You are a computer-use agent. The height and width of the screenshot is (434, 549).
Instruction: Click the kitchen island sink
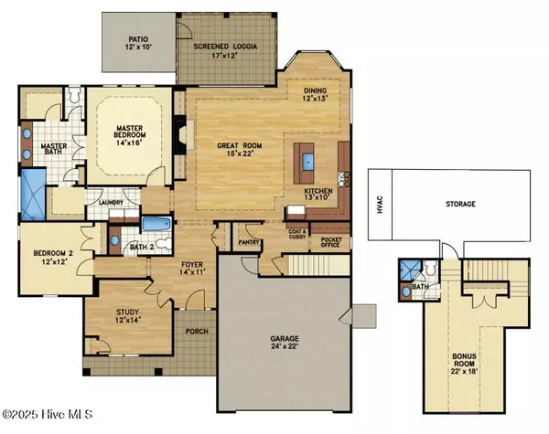(307, 164)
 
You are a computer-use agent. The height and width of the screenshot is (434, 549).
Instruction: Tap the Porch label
(196, 332)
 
